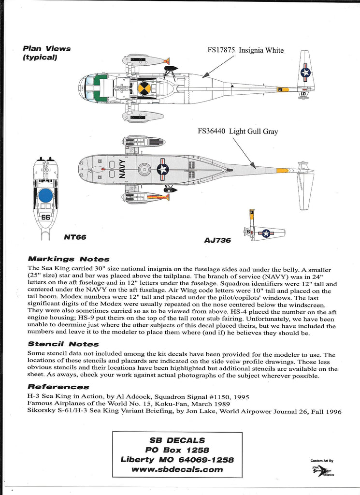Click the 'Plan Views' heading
pos(46,48)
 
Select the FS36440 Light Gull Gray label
pos(237,131)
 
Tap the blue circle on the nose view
pos(45,196)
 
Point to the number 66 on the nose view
pos(46,217)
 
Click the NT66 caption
pos(75,237)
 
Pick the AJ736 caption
pos(217,240)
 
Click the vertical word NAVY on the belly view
pos(122,170)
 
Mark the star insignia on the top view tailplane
pos(305,73)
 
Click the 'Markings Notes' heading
pos(68,259)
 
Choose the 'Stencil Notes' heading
pos(63,344)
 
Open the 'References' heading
pos(58,387)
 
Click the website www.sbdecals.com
pos(177,469)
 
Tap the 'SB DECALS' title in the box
pos(177,440)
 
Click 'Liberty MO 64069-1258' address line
pos(177,460)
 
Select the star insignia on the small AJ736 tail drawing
pos(266,233)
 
